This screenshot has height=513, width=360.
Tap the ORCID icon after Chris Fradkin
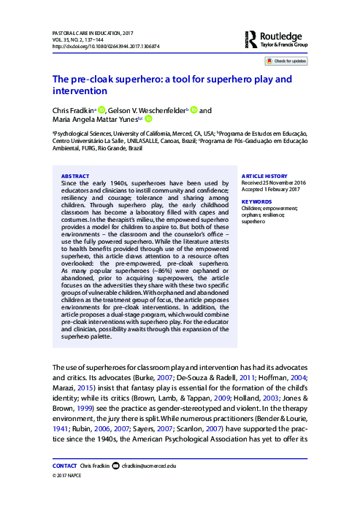102,110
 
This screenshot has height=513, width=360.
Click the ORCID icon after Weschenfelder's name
194,110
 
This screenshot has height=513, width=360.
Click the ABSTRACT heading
74,176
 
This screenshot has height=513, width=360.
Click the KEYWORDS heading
256,201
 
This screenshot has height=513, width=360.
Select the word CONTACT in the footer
65,485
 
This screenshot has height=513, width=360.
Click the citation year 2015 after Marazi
85,388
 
